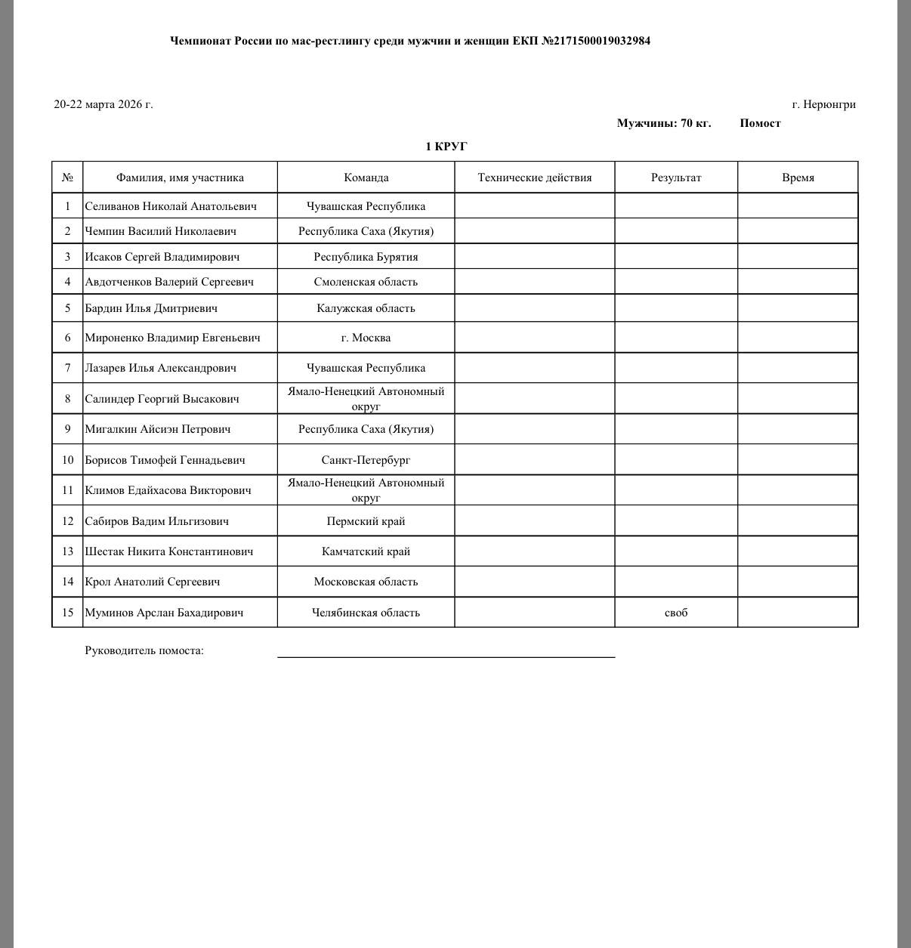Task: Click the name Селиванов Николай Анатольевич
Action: point(170,206)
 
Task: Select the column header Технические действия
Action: point(535,178)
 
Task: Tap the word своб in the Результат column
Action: point(676,613)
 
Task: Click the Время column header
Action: point(798,178)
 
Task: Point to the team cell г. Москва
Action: point(366,338)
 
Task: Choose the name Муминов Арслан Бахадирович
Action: point(164,613)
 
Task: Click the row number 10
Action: point(67,460)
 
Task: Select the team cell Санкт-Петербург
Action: point(366,460)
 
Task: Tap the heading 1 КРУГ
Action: point(446,147)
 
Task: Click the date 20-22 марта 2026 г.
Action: point(103,104)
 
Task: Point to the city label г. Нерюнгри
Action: point(823,104)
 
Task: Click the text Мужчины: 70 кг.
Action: point(663,123)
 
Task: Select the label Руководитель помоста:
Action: point(144,650)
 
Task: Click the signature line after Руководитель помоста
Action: point(446,655)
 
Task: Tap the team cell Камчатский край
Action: point(366,551)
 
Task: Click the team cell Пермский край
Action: point(366,521)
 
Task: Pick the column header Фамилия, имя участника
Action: point(180,178)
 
